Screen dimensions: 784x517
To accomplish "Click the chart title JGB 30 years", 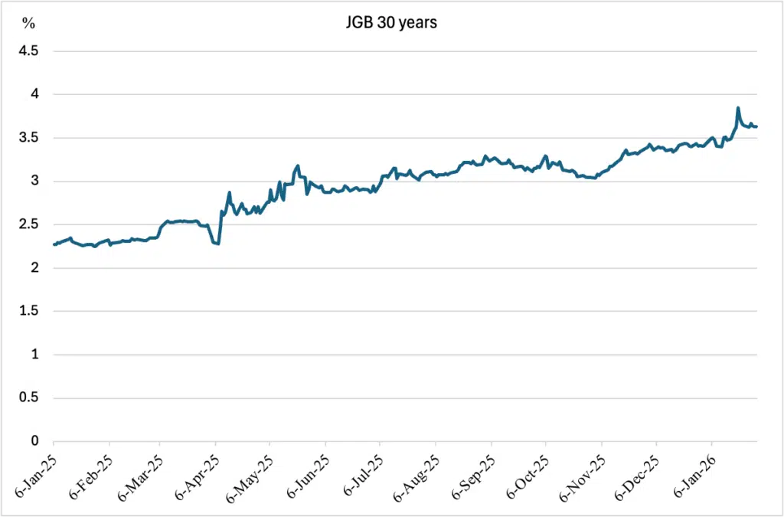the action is click(391, 24).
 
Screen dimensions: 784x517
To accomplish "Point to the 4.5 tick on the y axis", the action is click(28, 51).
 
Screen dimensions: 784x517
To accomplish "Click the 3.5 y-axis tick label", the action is click(28, 138).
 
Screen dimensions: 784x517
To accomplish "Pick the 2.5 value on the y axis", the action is click(28, 225).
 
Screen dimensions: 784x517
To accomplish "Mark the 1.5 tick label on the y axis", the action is click(28, 312).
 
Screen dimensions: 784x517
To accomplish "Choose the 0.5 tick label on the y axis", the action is click(28, 398).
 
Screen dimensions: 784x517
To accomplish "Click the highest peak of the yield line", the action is click(737, 107).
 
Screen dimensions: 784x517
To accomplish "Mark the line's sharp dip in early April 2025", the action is click(218, 244).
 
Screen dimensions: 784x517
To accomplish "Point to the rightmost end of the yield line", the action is click(757, 126).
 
